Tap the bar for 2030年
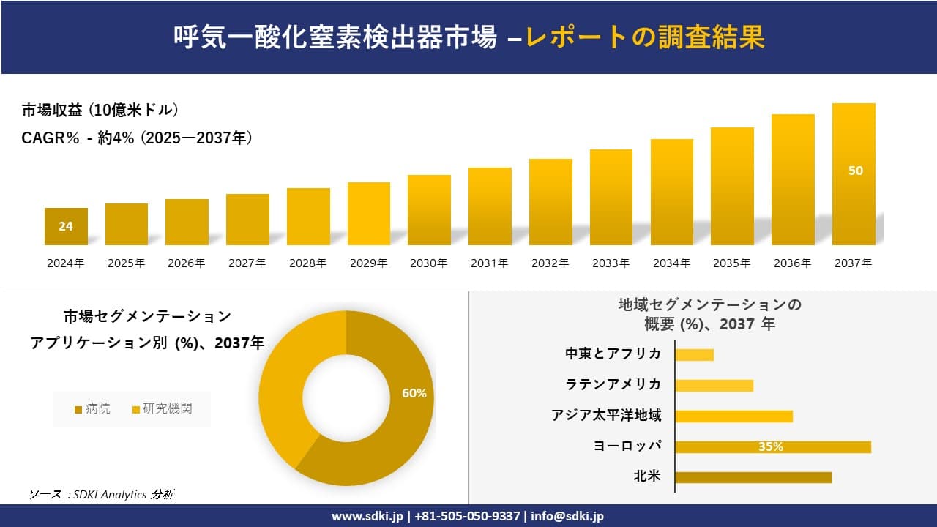(429, 210)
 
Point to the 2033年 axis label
(611, 263)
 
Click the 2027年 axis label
(247, 263)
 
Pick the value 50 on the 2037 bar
(855, 171)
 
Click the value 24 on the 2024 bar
(66, 226)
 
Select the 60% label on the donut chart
(414, 393)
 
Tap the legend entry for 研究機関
(162, 409)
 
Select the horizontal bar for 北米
(753, 477)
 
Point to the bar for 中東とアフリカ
(694, 355)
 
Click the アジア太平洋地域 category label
(606, 416)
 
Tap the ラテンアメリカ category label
(613, 384)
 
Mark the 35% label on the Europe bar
(770, 446)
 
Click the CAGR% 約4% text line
(137, 138)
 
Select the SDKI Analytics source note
(102, 494)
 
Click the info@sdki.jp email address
(567, 516)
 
